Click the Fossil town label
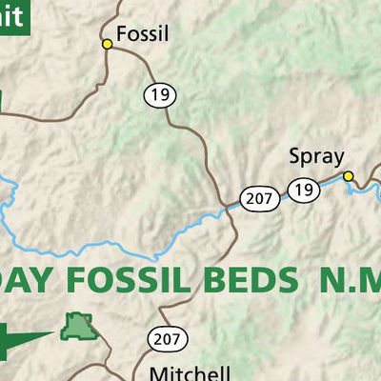(x=142, y=36)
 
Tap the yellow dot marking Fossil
(x=108, y=43)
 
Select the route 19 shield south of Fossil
(x=157, y=94)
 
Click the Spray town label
(x=315, y=156)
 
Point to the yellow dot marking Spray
(x=349, y=175)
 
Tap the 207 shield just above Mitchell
(x=167, y=338)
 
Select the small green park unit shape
(x=79, y=328)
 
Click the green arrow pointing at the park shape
(x=24, y=335)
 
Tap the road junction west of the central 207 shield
(x=227, y=207)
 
